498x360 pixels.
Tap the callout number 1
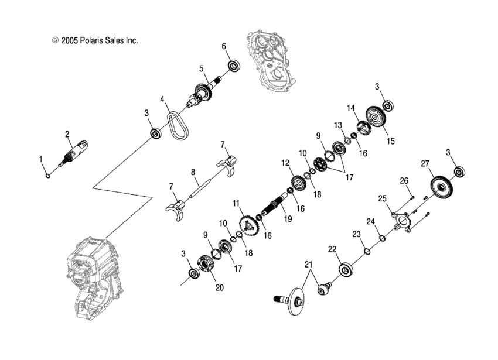coord(40,159)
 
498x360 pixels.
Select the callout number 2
coord(67,134)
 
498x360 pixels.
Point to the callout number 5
coord(201,68)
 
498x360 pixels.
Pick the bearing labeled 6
coord(234,66)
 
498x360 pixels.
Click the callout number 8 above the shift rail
coord(192,172)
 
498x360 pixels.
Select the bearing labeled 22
coord(346,271)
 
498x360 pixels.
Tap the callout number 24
coord(370,221)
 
